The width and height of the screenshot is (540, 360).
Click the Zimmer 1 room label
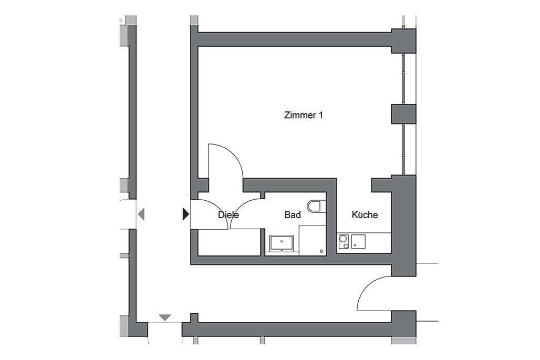click(x=303, y=115)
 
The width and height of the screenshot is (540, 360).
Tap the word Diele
click(x=229, y=215)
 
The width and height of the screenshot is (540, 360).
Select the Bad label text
click(x=293, y=215)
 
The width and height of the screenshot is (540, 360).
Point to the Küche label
click(x=365, y=215)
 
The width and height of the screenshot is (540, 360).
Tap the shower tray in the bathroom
click(x=313, y=239)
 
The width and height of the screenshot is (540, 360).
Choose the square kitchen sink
click(x=359, y=242)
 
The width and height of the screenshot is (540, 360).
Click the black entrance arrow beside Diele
click(x=185, y=214)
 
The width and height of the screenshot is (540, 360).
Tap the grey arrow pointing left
click(x=140, y=214)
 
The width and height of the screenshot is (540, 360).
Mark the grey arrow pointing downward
click(x=165, y=317)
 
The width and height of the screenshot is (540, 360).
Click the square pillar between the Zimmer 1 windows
click(x=403, y=114)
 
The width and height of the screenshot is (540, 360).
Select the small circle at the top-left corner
click(x=121, y=20)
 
